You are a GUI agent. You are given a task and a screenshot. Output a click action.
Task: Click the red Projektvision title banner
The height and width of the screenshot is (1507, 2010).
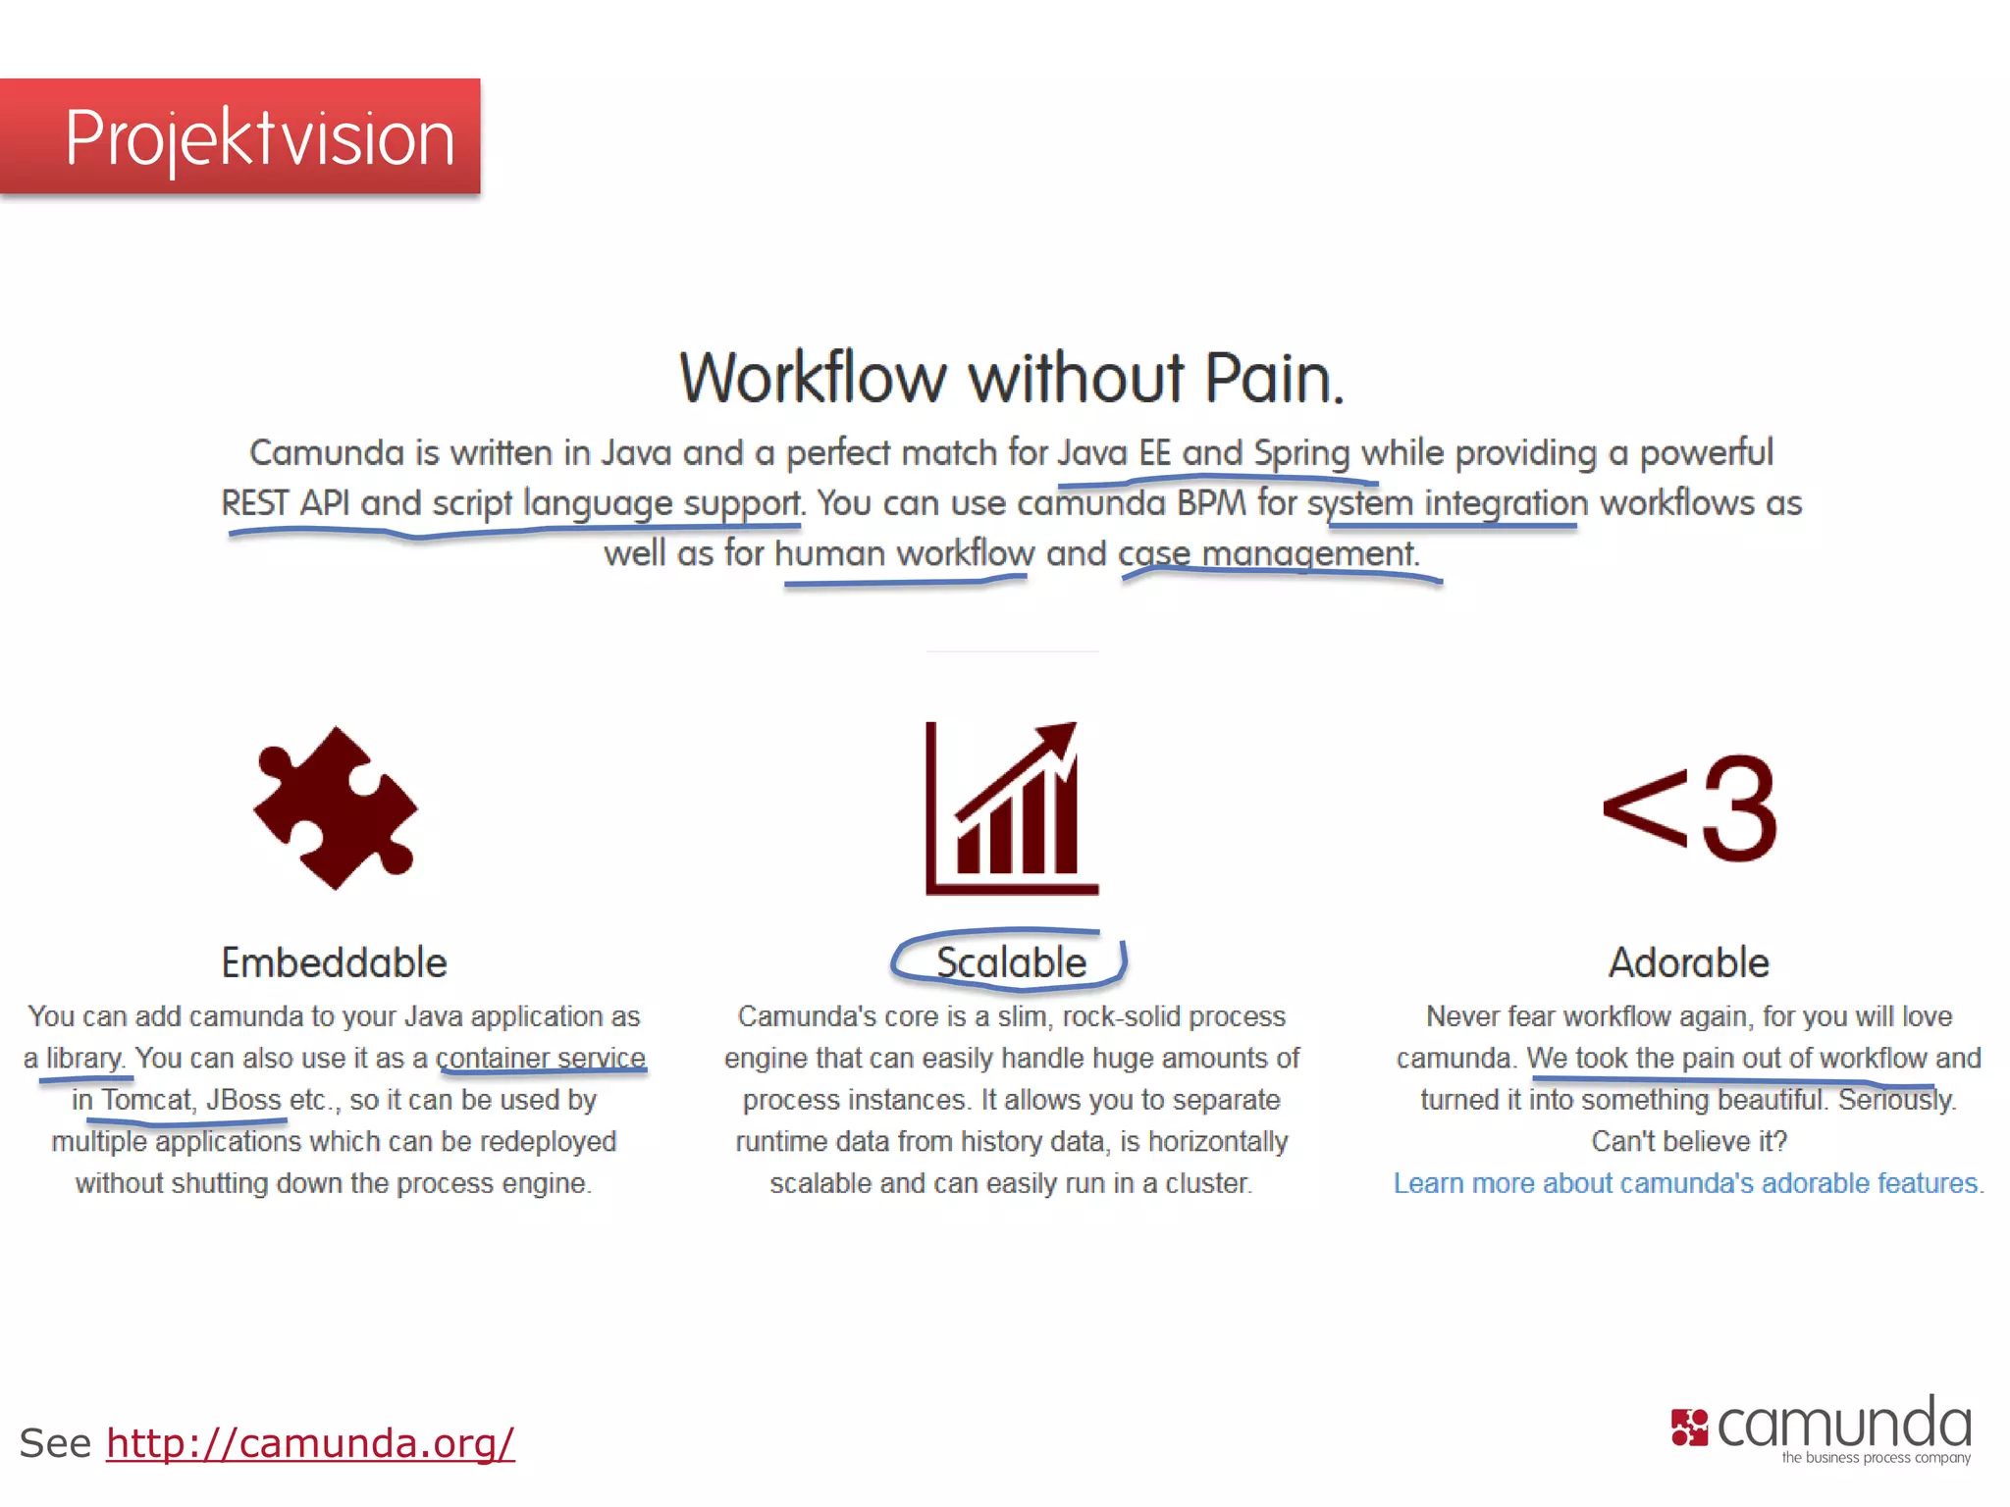(240, 137)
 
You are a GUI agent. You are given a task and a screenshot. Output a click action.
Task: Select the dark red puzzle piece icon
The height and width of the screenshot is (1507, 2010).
(335, 807)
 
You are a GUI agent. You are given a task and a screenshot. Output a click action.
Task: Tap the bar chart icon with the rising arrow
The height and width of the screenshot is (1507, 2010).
(1012, 807)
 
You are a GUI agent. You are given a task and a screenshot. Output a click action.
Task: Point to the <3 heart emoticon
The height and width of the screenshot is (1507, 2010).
(1688, 809)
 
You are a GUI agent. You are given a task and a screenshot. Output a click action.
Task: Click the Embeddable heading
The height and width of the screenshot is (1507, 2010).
(334, 962)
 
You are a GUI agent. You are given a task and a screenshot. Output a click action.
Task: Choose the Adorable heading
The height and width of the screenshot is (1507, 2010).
(1688, 962)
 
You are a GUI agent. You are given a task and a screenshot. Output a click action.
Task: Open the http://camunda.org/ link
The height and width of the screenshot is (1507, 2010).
(310, 1443)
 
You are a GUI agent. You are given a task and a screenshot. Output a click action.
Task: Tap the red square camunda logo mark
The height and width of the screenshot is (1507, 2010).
(1689, 1428)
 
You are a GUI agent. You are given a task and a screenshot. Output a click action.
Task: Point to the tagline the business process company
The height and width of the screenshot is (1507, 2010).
(1876, 1458)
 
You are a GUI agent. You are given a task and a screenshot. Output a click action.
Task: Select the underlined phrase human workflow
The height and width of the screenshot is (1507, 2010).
(904, 553)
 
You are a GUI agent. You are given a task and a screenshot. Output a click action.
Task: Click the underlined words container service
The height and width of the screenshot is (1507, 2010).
(541, 1058)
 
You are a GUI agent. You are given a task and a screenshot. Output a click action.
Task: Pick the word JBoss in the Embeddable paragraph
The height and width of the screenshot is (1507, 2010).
(243, 1100)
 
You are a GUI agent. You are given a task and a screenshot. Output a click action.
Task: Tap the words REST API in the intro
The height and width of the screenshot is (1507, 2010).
(285, 503)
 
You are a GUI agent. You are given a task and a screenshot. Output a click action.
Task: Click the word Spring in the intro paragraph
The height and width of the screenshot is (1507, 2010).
(1301, 453)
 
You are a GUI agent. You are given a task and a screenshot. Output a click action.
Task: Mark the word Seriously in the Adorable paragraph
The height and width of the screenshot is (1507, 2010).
(1896, 1100)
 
